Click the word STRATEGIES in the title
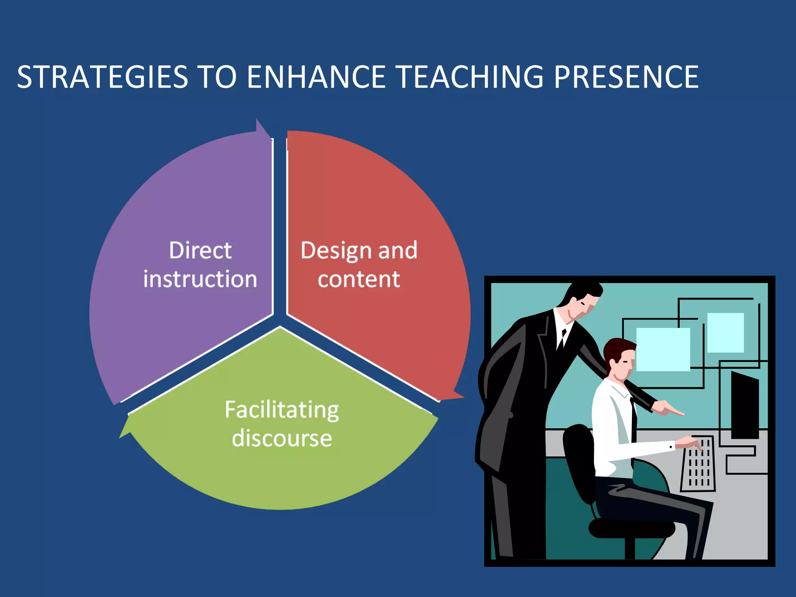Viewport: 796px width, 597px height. [103, 77]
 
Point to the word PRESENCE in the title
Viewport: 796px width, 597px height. [626, 77]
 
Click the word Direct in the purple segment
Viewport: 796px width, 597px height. [200, 250]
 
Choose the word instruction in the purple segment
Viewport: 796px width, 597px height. [200, 279]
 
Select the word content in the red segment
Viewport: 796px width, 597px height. [359, 279]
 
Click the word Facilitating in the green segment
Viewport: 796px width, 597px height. [282, 410]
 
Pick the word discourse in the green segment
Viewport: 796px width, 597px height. [282, 438]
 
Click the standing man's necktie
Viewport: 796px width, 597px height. [562, 339]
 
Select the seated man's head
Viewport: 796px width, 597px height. [621, 357]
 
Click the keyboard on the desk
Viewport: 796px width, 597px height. [698, 464]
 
